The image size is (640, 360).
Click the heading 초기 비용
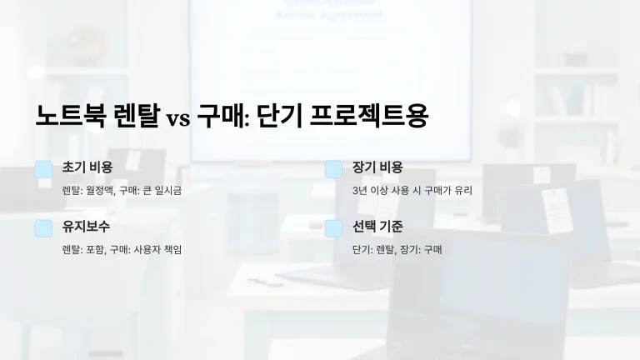(87, 167)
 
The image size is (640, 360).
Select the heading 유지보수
(86, 227)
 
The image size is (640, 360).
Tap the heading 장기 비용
(377, 167)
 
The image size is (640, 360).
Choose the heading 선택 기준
(377, 227)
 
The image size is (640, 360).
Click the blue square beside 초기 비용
(43, 169)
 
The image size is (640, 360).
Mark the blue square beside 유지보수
(43, 228)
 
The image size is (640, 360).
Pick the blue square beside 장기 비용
(333, 169)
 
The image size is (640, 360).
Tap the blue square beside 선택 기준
(333, 228)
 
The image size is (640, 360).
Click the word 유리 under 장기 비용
(464, 190)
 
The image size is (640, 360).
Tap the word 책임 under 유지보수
(173, 249)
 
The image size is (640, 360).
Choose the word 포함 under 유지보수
(95, 249)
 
